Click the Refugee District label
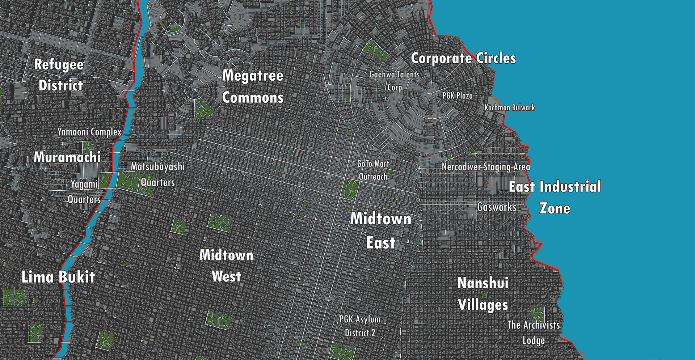point(59,75)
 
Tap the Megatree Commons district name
point(253,86)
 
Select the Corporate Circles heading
point(463,58)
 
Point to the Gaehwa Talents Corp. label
point(395,81)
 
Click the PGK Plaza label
point(458,96)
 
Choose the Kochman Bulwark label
point(510,107)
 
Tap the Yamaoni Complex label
point(89,132)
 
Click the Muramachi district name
point(67,157)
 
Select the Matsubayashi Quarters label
point(158,174)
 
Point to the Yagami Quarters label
point(84,192)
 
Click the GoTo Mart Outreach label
point(373,170)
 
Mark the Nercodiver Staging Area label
point(486,167)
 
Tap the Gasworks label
point(497,207)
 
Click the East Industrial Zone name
point(555,197)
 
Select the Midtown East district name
point(380,230)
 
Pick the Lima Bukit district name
point(58,277)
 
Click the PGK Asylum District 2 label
point(360,326)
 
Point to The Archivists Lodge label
point(534,333)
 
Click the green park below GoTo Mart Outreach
point(350,189)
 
